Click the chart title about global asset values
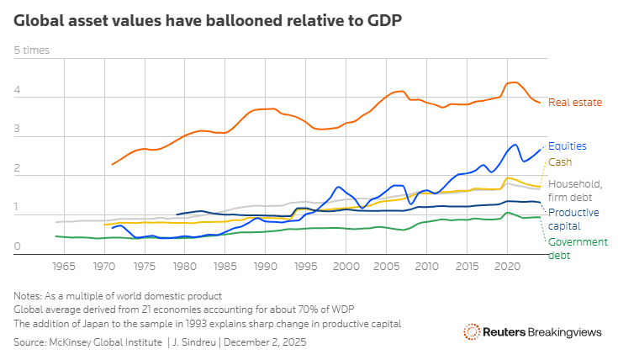pos(207,19)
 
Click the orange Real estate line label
pos(575,103)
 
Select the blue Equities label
pos(567,146)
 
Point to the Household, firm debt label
pos(574,190)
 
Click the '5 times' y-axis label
pos(31,50)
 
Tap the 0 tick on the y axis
pos(18,246)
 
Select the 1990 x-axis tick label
pos(265,266)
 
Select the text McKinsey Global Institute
pos(106,343)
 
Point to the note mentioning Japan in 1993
pos(207,323)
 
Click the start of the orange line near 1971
pos(112,164)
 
